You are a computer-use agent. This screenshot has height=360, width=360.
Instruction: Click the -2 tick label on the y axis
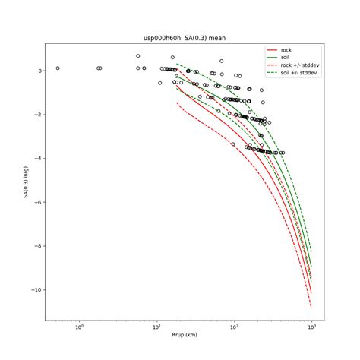coord(36,115)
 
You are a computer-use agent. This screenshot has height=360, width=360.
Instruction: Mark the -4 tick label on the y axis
coord(36,159)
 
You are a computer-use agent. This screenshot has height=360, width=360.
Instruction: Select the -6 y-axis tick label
coord(36,202)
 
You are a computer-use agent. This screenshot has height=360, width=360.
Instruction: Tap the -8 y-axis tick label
coord(36,246)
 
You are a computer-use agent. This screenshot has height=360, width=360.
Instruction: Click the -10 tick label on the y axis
coord(35,290)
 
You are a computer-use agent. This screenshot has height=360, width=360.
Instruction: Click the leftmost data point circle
coord(57,68)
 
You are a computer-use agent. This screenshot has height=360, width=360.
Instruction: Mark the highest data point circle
coord(138,56)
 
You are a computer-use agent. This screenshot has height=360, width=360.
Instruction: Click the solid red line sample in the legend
coord(271,50)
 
